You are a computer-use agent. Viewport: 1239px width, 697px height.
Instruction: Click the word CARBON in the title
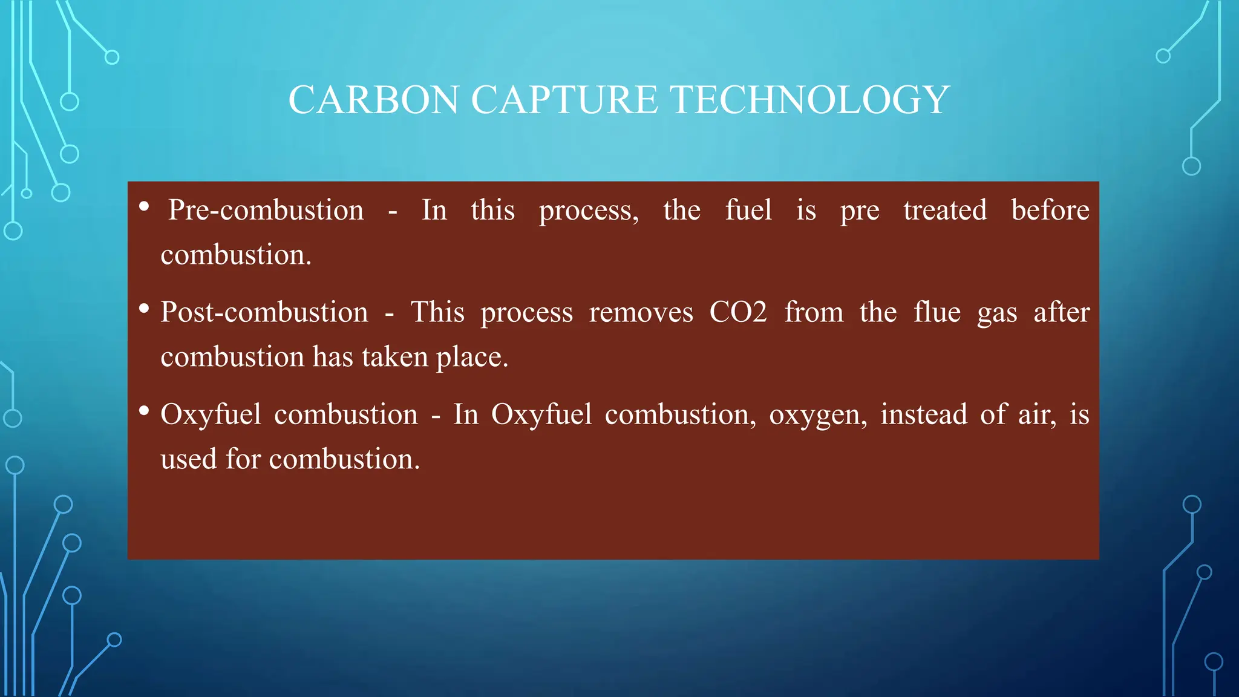(x=373, y=100)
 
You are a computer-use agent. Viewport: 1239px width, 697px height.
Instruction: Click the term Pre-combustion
(x=266, y=211)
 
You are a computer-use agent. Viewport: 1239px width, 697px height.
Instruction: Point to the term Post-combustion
(x=264, y=313)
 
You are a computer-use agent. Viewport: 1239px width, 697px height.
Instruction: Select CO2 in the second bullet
(x=737, y=313)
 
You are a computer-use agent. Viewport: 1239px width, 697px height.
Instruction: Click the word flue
(x=937, y=313)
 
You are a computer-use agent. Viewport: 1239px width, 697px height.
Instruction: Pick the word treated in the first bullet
(x=945, y=211)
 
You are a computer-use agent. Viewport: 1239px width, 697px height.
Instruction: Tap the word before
(x=1050, y=211)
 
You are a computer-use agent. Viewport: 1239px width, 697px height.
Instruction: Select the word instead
(x=923, y=415)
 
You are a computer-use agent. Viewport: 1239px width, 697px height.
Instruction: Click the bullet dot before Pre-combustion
(x=144, y=207)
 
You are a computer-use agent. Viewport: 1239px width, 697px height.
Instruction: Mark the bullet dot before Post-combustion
(x=144, y=309)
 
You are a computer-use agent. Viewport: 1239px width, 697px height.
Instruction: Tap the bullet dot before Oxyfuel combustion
(x=144, y=411)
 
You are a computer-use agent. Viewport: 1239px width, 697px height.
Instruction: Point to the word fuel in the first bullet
(x=748, y=211)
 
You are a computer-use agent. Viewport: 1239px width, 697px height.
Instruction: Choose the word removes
(x=641, y=313)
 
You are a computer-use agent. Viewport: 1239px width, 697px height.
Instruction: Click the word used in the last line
(x=188, y=459)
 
